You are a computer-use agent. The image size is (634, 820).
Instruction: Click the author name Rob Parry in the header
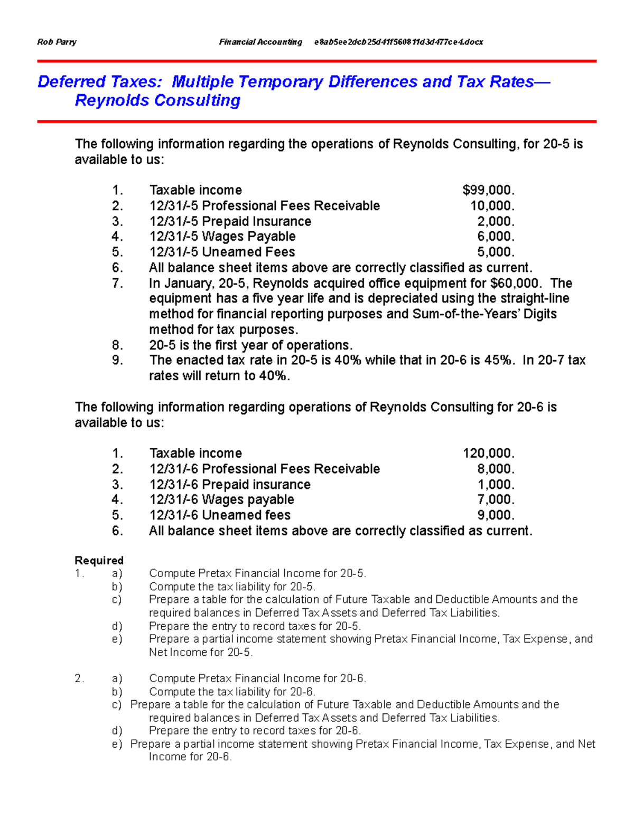[x=57, y=42]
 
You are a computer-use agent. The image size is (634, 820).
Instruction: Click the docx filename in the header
[x=398, y=42]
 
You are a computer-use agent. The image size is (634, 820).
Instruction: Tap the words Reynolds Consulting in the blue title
[x=157, y=100]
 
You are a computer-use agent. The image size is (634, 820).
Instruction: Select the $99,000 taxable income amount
[x=488, y=190]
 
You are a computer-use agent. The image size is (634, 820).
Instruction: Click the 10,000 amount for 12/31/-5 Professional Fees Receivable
[x=492, y=206]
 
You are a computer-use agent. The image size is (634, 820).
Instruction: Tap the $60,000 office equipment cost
[x=515, y=284]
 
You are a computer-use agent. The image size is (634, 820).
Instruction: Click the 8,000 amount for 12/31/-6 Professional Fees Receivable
[x=496, y=469]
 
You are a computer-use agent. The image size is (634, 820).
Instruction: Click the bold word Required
[x=99, y=560]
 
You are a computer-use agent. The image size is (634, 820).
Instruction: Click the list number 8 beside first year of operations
[x=117, y=345]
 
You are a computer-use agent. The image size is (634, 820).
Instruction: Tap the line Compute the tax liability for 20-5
[x=232, y=587]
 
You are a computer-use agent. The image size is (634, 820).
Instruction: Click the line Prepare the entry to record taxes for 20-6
[x=255, y=731]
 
